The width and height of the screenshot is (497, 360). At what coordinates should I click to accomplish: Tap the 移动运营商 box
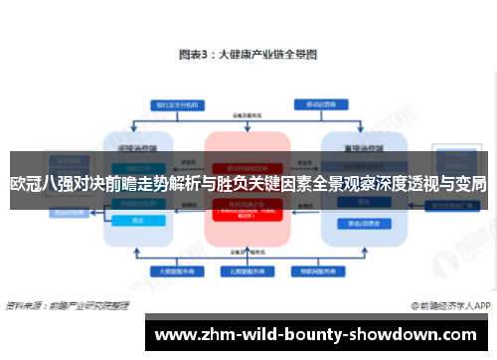[x=320, y=103]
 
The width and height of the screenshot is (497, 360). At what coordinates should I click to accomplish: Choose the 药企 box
[x=138, y=221]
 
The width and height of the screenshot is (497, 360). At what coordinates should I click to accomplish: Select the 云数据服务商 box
[x=248, y=271]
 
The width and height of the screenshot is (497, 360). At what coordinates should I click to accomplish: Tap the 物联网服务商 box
[x=320, y=271]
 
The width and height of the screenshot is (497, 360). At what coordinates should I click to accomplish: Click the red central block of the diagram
[x=248, y=189]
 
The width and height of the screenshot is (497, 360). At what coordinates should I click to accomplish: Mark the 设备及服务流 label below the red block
[x=248, y=253]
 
